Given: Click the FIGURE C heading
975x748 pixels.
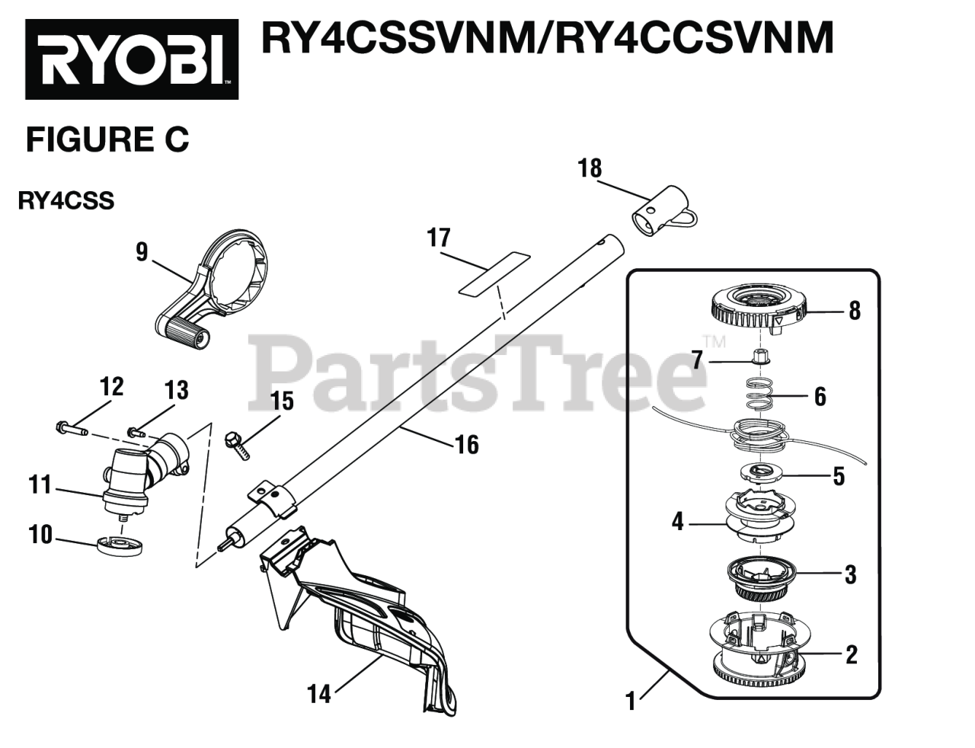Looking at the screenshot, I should [x=107, y=140].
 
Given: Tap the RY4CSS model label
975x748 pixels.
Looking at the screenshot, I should [x=67, y=202].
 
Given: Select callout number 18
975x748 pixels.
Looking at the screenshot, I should [x=590, y=168].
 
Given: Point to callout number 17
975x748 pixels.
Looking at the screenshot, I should [x=439, y=238].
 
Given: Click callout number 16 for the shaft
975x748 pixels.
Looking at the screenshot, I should [x=467, y=444].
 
